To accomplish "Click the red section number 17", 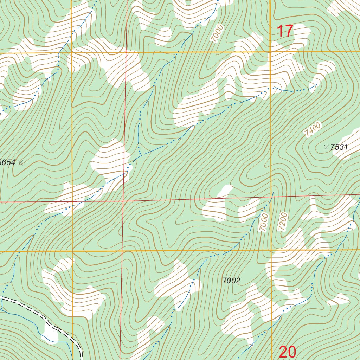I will click(285, 31).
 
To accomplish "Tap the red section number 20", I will click(288, 352).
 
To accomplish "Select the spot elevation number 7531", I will click(339, 147).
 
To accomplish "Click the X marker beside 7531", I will click(326, 147).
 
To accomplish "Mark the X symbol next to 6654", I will click(20, 162).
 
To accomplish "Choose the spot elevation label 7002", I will click(231, 281).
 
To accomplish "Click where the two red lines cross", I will click(123, 201).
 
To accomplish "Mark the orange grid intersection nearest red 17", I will click(270, 52).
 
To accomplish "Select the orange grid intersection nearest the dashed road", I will click(73, 251).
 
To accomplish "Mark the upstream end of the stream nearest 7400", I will click(317, 84).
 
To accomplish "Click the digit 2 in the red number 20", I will click(283, 352).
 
